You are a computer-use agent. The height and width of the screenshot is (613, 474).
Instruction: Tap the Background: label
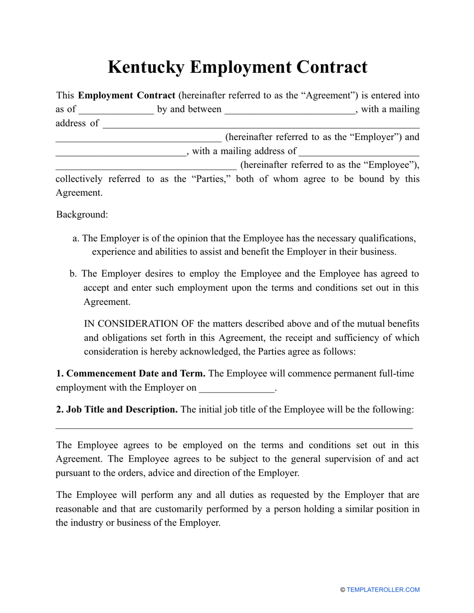(82, 215)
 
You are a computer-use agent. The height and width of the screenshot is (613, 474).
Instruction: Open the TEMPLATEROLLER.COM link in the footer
(383, 590)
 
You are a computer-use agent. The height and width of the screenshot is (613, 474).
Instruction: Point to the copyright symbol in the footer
(343, 590)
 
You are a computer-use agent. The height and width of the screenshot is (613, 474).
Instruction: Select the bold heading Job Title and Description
(117, 410)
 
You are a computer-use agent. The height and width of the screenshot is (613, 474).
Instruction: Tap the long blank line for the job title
(234, 427)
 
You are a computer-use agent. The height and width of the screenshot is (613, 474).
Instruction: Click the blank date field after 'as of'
(116, 110)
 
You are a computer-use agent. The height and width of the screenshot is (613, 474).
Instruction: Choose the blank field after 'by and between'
(290, 110)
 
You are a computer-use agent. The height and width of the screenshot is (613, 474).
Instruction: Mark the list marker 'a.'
(76, 238)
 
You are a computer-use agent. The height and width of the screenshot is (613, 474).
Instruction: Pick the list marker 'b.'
(73, 274)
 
